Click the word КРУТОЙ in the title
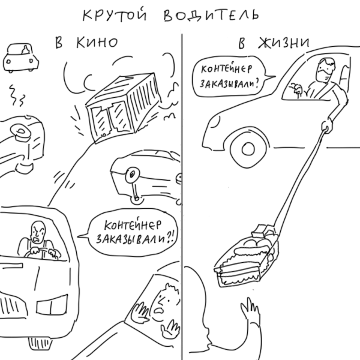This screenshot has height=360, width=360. [115, 16]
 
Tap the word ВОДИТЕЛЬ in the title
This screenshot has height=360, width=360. [211, 16]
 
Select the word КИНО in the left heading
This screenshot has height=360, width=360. [97, 43]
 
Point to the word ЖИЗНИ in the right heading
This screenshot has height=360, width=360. [284, 43]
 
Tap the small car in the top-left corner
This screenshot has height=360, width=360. [20, 58]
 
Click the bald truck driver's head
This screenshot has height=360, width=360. [38, 232]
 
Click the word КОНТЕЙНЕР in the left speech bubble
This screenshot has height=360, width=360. [133, 225]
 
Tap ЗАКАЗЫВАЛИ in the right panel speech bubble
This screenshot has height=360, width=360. [229, 84]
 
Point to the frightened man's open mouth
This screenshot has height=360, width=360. [158, 311]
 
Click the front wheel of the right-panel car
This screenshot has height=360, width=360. [248, 149]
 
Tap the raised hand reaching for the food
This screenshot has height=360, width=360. [250, 309]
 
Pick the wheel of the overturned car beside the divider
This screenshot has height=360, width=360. [133, 175]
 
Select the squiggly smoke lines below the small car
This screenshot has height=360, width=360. [17, 95]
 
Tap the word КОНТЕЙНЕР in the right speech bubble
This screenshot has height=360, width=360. [226, 69]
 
